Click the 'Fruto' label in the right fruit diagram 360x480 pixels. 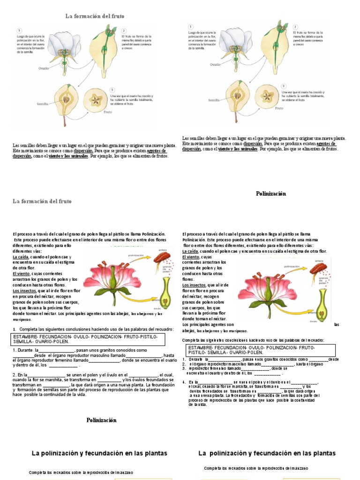[x=279, y=108]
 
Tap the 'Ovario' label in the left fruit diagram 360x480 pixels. [x=44, y=68]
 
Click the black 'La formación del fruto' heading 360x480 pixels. [x=95, y=16]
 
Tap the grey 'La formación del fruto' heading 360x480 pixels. [x=42, y=201]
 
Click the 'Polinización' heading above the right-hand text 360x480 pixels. [x=271, y=194]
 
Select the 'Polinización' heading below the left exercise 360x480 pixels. [x=101, y=420]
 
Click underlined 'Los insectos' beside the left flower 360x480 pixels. [x=26, y=291]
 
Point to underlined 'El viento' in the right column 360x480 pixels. [x=191, y=257]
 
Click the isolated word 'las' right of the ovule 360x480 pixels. [x=337, y=324]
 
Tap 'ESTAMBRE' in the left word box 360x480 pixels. [x=29, y=337]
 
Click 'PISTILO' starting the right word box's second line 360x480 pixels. [x=197, y=352]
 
